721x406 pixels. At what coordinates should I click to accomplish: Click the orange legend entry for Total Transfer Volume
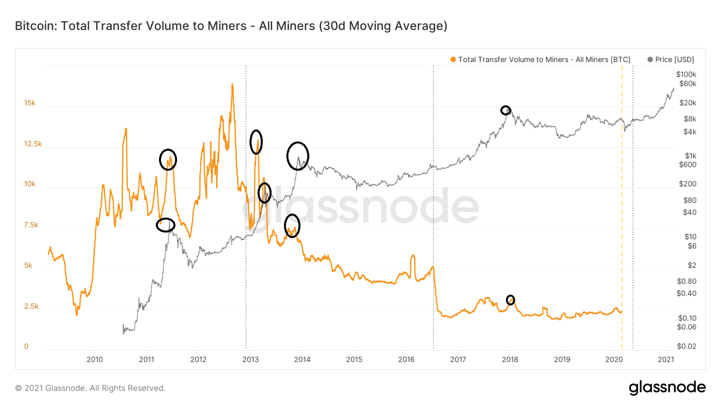540,60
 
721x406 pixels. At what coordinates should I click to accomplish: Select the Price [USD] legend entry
671,60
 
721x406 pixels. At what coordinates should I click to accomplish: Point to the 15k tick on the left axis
30,103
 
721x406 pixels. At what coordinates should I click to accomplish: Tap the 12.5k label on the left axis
33,144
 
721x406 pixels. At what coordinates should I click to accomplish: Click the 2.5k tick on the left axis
31,306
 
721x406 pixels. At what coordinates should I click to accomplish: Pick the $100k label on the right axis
686,74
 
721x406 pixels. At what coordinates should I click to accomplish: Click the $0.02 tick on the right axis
686,346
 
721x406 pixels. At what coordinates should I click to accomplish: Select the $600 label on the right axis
687,164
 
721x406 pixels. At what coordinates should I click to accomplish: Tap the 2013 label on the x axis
250,359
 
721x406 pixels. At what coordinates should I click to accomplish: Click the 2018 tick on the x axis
510,359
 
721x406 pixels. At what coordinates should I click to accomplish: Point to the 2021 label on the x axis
666,359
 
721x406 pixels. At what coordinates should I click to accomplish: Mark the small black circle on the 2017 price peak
505,110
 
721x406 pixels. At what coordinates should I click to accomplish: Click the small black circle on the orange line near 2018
510,300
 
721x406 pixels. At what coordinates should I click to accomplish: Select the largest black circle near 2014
298,156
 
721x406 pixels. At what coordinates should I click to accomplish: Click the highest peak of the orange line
232,85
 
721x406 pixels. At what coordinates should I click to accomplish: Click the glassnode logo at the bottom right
667,388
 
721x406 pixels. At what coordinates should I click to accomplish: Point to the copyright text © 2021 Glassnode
90,388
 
